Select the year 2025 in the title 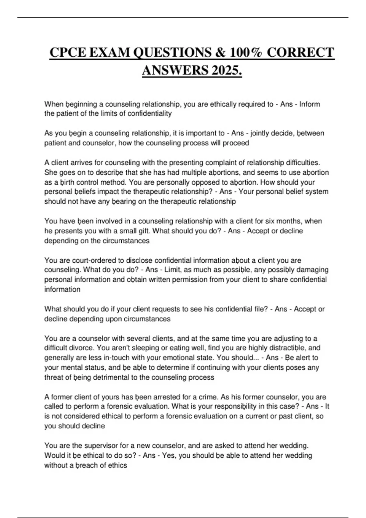[226, 71]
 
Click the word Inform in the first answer [309, 104]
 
